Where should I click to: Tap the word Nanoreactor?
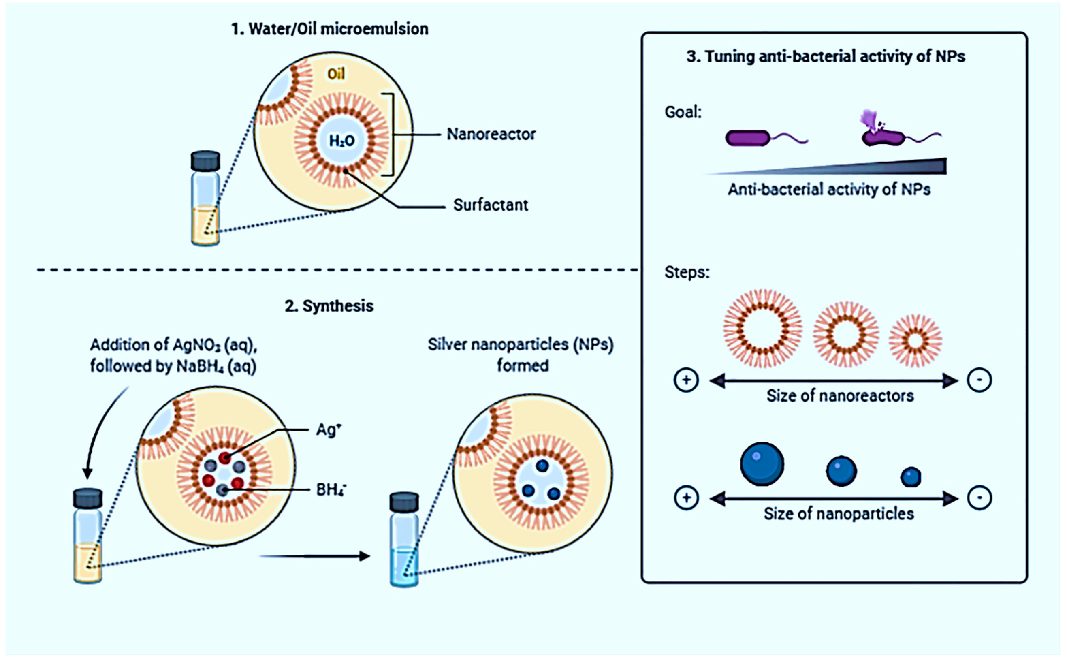coord(491,134)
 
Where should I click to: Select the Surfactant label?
coord(491,205)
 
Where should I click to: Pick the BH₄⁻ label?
coord(331,489)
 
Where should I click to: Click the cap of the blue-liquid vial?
coord(404,502)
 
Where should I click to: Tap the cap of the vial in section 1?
coord(205,160)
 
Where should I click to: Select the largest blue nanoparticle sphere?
coord(762,464)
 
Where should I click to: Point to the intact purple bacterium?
coord(748,138)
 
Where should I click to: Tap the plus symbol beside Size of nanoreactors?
coord(686,380)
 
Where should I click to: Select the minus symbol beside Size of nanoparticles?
coord(979,498)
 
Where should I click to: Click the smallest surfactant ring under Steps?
coord(915,340)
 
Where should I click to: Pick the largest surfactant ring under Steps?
coord(762,328)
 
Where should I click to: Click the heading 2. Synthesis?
coord(329,305)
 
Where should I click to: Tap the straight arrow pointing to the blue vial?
coord(314,556)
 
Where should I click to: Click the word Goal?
coord(683,112)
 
